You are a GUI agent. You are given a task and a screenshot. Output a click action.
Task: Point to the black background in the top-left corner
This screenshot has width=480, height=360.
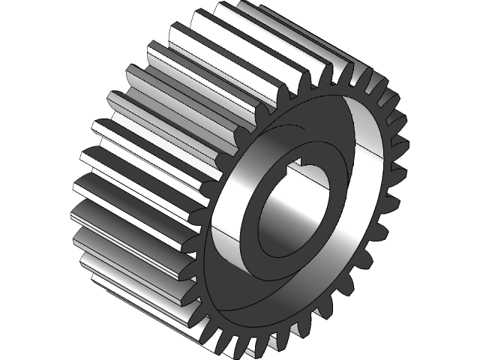pos(30,30)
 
